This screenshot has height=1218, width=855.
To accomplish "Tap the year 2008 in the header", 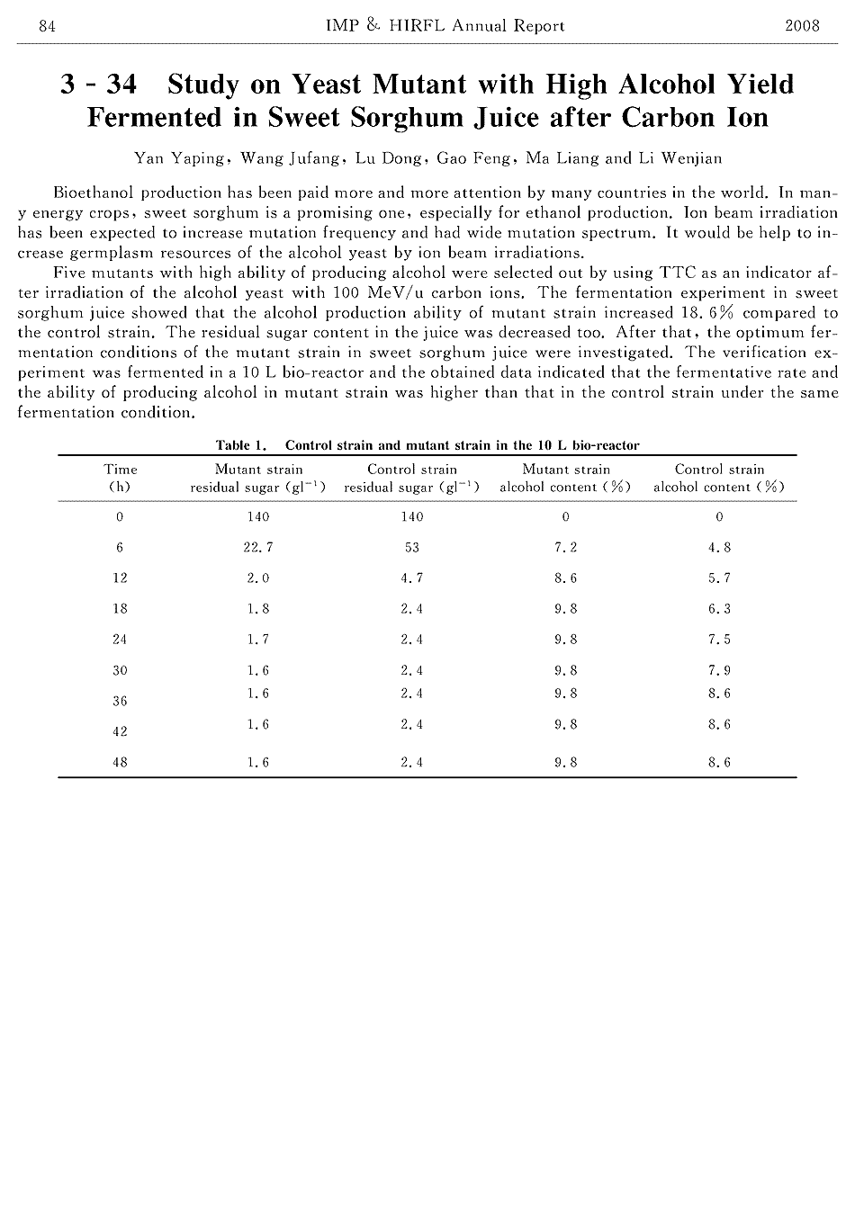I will (x=802, y=26).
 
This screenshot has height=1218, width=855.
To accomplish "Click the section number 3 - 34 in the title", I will (x=98, y=85).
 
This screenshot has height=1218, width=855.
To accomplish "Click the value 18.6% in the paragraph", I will (x=704, y=313).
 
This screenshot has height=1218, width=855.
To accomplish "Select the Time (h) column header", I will (x=121, y=478).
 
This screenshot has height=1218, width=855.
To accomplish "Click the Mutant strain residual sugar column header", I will (x=258, y=478).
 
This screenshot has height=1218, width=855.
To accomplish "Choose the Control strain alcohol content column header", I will (x=719, y=478).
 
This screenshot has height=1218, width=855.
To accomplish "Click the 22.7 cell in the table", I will (x=258, y=548).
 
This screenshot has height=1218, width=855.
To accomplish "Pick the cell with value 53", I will (x=412, y=548).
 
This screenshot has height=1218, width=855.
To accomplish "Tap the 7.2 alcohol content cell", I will (x=566, y=548).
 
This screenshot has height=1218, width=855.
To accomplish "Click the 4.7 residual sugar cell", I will (x=412, y=578).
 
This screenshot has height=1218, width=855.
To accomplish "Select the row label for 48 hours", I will (x=120, y=763).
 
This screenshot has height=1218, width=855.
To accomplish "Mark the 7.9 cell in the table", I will (x=719, y=670).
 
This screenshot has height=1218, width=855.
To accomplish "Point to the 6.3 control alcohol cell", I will (x=719, y=609).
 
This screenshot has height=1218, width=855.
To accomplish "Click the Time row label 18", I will (x=120, y=609).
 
